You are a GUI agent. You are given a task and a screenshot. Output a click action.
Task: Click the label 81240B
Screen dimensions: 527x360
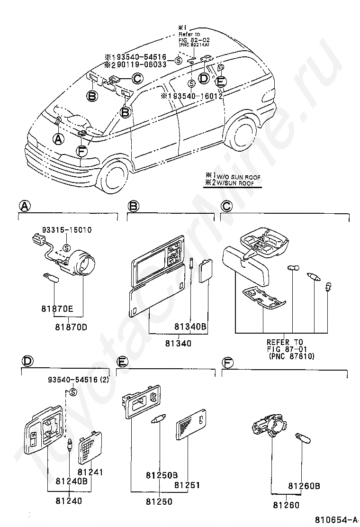click(x=72, y=482)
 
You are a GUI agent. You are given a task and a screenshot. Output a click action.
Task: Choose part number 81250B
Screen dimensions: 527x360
click(x=162, y=475)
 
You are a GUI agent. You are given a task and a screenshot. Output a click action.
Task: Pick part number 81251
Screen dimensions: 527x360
click(x=188, y=485)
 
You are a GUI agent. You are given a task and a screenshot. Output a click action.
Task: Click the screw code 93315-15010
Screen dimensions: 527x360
click(x=69, y=230)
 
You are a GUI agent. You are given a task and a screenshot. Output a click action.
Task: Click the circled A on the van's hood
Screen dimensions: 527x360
click(x=58, y=139)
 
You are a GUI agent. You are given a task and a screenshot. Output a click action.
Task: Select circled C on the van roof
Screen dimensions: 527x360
click(x=137, y=79)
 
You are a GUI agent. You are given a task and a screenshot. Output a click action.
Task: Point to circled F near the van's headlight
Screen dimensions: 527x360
click(x=82, y=152)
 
